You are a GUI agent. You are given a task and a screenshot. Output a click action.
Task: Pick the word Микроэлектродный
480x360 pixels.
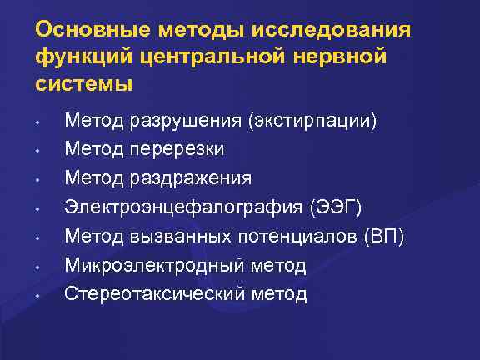tap(153, 266)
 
